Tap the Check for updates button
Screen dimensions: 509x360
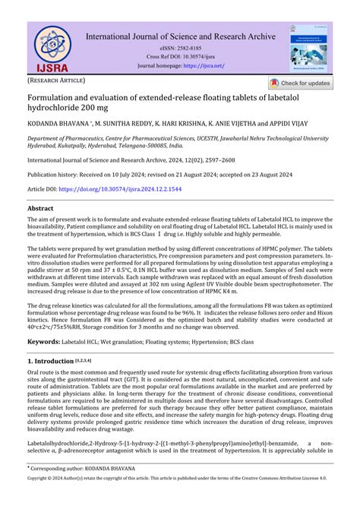pos(299,83)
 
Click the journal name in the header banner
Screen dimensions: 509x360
pos(180,35)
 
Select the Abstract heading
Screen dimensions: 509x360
pos(41,208)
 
